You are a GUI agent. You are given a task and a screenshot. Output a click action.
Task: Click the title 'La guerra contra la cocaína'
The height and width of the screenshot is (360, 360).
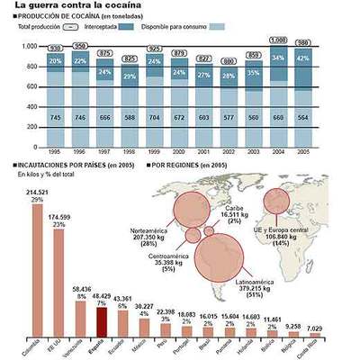click(x=67, y=6)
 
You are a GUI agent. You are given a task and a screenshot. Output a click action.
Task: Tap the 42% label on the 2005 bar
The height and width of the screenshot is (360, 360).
click(x=329, y=59)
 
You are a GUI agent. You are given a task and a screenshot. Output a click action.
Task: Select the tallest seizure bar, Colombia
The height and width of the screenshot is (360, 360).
click(x=36, y=270)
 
